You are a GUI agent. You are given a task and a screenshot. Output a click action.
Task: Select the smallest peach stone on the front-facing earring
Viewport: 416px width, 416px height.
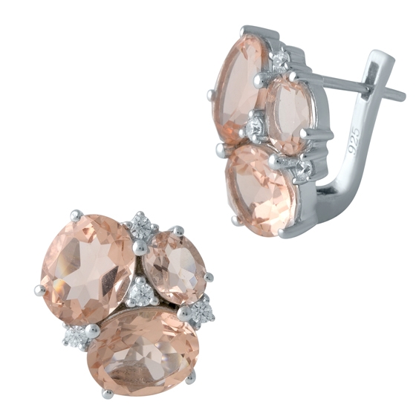coord(174,267)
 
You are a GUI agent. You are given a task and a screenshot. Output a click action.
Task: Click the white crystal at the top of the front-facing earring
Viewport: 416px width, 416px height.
coord(143,225)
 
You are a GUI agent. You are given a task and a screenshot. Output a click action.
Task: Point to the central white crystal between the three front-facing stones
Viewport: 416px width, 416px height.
coord(140,293)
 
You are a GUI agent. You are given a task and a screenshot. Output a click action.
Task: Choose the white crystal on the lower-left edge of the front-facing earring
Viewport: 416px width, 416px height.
coord(77,337)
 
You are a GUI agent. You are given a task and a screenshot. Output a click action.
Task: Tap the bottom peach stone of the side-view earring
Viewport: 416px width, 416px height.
coord(261,189)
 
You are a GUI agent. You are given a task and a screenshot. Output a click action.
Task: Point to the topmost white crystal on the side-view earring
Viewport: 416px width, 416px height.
coord(279,59)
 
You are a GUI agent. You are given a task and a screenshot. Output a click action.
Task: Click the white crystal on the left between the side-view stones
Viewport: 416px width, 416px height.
coord(255,129)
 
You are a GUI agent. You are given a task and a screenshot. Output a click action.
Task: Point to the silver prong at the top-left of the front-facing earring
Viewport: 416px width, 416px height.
coord(76,215)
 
